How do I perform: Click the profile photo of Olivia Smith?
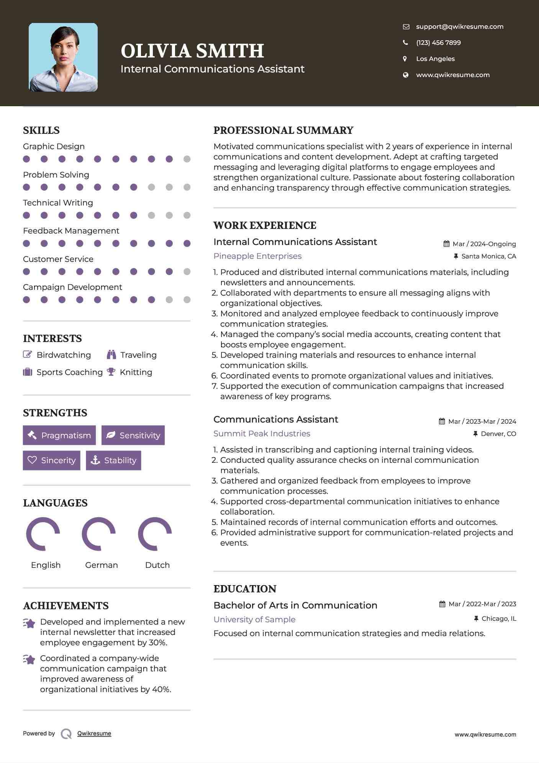63,58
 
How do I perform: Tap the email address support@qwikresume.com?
459,26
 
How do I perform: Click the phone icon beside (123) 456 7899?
405,43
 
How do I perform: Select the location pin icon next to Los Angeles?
405,59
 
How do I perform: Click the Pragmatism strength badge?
59,435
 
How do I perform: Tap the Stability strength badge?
113,460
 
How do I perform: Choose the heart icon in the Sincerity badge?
32,460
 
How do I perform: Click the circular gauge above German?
99,534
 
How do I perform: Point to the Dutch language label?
157,565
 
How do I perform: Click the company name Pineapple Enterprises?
257,256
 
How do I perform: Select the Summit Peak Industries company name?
262,434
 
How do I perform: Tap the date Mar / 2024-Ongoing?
484,244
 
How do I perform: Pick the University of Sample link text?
254,620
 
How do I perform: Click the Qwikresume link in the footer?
94,733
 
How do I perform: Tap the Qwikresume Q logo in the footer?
66,733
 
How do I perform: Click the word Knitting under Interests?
136,372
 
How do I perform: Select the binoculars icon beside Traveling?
111,355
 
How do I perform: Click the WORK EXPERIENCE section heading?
265,225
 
